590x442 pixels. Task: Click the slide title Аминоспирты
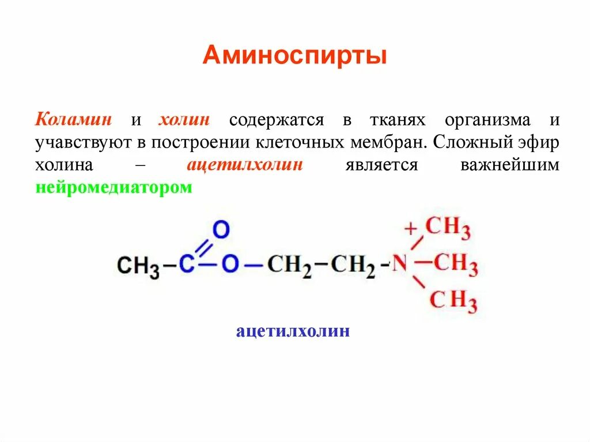[294, 56]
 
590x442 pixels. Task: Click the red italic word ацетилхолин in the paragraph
[244, 165]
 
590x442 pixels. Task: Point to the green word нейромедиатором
[114, 187]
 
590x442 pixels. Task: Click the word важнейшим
[509, 165]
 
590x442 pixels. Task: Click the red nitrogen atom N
[400, 265]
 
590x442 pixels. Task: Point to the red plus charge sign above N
[410, 229]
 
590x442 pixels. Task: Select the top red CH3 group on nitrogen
[448, 228]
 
